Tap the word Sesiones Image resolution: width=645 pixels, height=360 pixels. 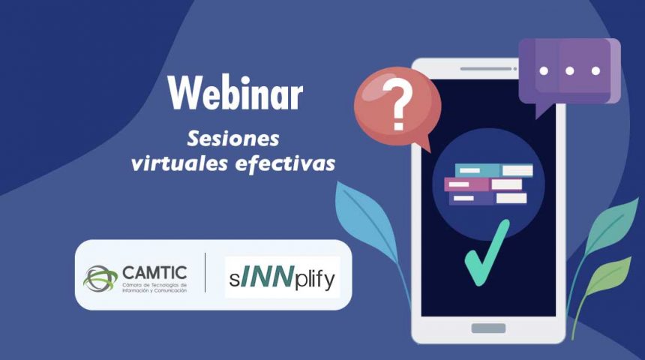(x=232, y=139)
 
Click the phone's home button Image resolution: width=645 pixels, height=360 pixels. (x=488, y=328)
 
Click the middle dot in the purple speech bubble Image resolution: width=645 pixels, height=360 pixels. (x=570, y=70)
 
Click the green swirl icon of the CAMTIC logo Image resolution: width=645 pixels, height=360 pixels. (x=100, y=277)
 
